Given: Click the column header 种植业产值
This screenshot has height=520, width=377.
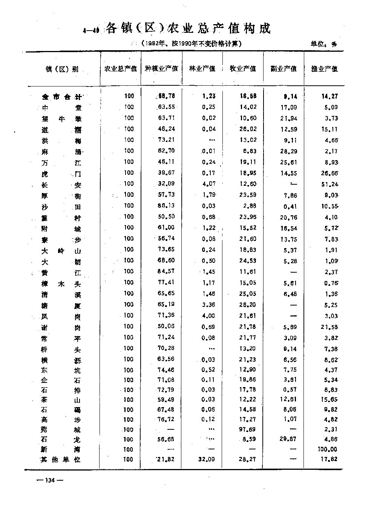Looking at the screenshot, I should tap(161, 69).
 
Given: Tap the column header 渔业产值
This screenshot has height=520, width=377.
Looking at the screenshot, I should tap(324, 69).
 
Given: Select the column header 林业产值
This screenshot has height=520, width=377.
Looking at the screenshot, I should tap(202, 69).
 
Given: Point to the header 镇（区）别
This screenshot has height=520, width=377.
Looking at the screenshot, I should tap(62, 69).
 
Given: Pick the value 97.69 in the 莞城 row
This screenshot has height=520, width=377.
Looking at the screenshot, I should tap(248, 429).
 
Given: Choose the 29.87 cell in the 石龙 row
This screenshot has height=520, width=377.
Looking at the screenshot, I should tap(289, 440).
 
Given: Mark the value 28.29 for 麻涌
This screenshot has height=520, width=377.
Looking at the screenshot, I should tap(289, 151).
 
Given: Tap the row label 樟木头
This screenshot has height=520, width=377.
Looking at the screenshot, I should tap(61, 284).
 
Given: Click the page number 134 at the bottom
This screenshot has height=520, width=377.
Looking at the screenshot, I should tap(49, 480).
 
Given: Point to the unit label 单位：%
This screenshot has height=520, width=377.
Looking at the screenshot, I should tap(323, 44).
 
